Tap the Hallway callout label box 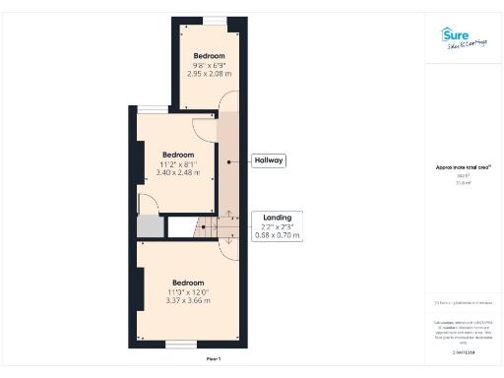(269, 160)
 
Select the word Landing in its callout (277, 218)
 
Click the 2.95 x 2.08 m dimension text (209, 73)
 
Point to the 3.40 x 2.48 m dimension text (177, 173)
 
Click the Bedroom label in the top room (209, 55)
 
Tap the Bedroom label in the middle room (177, 155)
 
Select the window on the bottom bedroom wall (180, 344)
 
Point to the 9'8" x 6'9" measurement (209, 64)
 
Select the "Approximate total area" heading (463, 167)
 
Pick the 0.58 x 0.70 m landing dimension (277, 235)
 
